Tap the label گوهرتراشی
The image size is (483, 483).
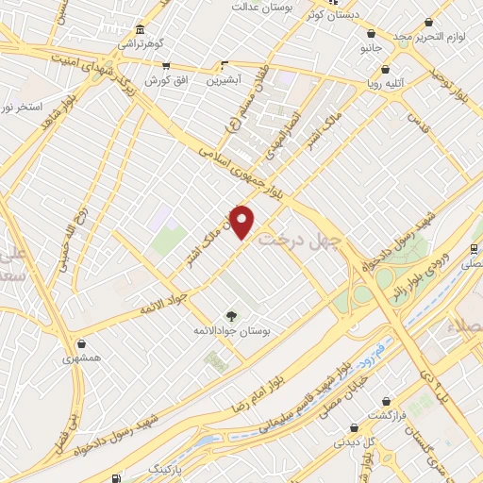[140, 43]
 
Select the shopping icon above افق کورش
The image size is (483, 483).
[167, 66]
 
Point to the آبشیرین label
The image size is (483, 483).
[225, 81]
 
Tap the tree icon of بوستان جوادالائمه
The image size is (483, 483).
[231, 315]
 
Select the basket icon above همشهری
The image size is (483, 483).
[85, 343]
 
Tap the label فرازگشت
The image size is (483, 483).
[386, 416]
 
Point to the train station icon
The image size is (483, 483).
[473, 248]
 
